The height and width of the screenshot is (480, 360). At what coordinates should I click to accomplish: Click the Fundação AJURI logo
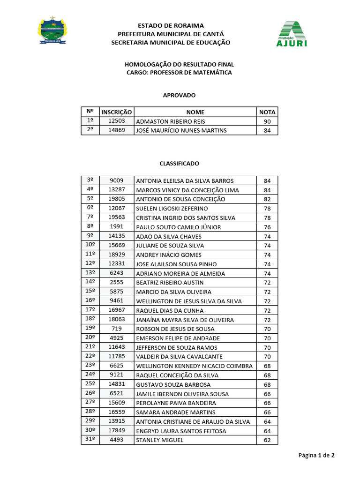(x=293, y=34)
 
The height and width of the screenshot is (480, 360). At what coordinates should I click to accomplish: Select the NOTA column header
(x=267, y=112)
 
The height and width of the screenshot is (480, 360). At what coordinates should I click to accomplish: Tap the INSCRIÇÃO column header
(x=117, y=112)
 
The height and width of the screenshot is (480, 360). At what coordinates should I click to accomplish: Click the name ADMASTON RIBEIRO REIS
(x=164, y=121)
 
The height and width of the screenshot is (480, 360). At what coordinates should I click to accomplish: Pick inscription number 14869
(x=117, y=130)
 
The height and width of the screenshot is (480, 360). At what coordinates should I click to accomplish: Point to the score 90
(x=267, y=121)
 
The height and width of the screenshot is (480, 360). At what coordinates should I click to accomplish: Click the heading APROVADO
(x=179, y=95)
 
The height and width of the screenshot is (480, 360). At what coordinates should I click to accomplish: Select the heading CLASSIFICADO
(x=179, y=164)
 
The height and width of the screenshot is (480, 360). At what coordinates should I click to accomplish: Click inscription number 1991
(x=117, y=227)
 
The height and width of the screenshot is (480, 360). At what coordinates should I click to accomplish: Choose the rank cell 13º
(x=90, y=273)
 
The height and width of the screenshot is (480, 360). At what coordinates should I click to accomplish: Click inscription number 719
(x=117, y=329)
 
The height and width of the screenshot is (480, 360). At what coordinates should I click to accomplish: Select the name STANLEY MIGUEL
(x=159, y=440)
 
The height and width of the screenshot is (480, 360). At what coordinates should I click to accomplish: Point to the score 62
(x=267, y=440)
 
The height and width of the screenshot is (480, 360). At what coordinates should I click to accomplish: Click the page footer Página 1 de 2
(x=316, y=455)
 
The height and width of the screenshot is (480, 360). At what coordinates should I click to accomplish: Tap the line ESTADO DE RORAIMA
(x=171, y=25)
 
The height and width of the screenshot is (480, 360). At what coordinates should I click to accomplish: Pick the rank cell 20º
(x=90, y=338)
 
